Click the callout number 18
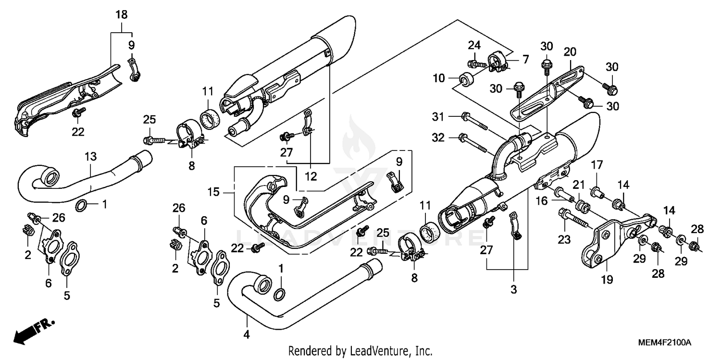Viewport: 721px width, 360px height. (121, 15)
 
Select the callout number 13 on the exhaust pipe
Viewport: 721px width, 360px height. (91, 157)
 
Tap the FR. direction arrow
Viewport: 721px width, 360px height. (34, 330)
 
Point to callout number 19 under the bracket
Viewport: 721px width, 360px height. (607, 279)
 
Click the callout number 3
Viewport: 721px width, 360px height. (513, 289)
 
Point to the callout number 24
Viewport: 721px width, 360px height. (474, 46)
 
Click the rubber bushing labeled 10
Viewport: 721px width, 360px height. (465, 78)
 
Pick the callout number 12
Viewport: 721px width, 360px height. (311, 176)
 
